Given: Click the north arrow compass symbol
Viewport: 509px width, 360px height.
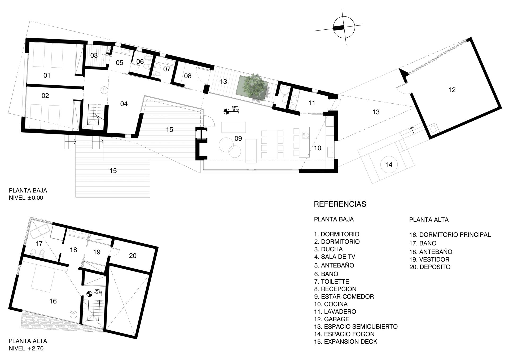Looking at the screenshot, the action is click(344, 27).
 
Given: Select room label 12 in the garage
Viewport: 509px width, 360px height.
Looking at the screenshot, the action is click(452, 90).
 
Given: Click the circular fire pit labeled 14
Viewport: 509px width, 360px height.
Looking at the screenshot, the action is click(389, 165).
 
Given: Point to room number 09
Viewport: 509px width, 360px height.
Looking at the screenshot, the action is click(238, 138).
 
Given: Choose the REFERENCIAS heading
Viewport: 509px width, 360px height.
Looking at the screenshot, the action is click(340, 204).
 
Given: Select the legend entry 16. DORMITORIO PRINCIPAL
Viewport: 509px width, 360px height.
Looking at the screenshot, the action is click(450, 235).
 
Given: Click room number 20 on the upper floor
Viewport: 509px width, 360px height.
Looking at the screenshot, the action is click(133, 256).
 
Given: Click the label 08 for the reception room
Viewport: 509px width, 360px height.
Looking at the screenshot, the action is click(188, 76).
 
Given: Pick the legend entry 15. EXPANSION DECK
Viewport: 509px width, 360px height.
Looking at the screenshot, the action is click(345, 341).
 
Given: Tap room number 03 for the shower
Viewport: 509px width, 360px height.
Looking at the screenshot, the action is click(94, 55).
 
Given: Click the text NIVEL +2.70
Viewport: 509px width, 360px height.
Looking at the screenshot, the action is click(26, 348).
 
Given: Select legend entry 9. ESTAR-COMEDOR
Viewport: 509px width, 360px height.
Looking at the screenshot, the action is click(344, 296).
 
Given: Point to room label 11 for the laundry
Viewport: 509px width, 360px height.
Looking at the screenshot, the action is click(312, 103).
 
